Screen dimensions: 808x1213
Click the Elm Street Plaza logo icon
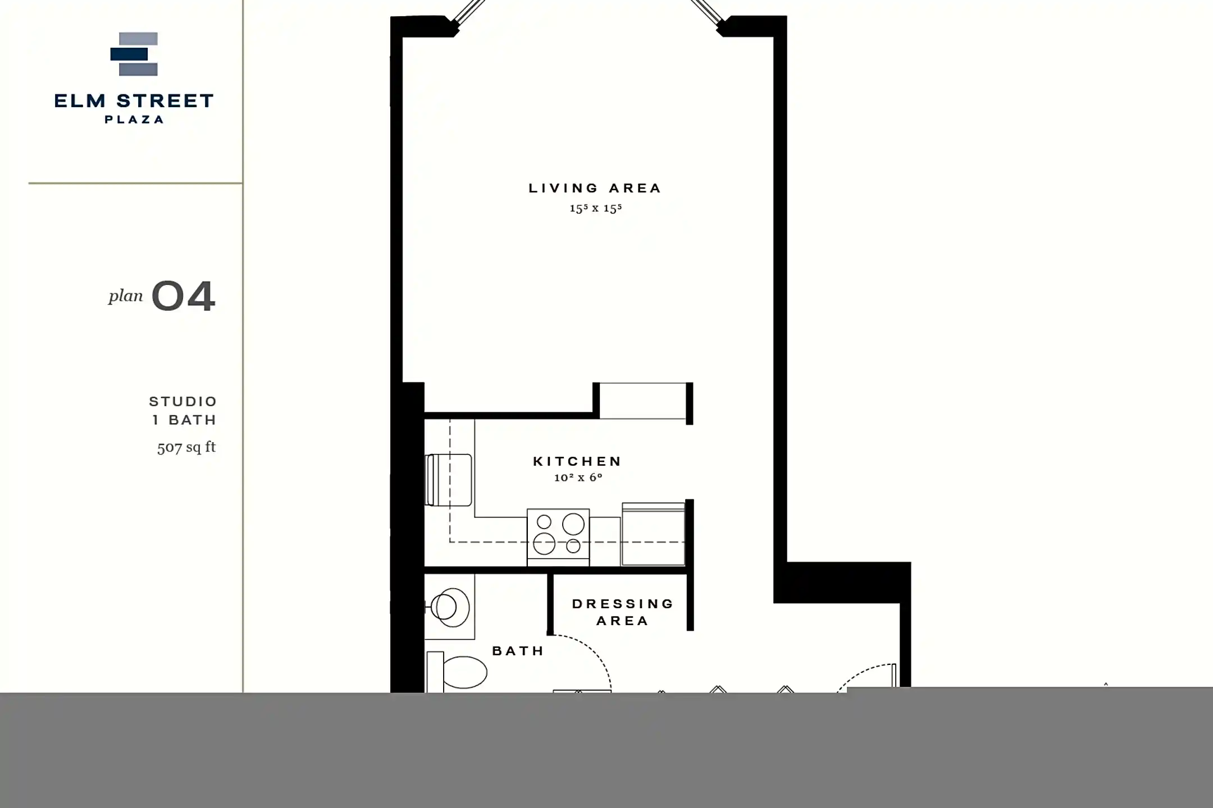134,54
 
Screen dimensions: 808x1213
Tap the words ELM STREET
134,101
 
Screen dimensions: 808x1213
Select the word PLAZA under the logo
134,120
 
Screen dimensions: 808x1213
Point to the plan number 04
184,296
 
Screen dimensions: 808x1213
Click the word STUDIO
183,402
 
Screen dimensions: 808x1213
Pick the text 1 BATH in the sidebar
184,420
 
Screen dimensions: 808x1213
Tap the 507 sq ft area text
186,447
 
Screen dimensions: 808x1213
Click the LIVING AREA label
595,189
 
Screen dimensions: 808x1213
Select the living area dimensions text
595,209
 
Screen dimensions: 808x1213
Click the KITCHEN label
577,461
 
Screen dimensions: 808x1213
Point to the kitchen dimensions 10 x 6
578,478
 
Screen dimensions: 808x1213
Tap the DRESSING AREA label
622,612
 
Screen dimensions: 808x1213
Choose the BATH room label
518,651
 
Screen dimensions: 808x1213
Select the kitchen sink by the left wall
449,480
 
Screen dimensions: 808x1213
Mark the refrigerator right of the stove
653,534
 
